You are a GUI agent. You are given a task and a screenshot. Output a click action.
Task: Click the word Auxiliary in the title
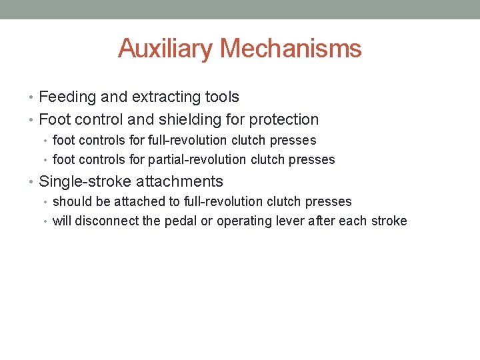click(x=165, y=49)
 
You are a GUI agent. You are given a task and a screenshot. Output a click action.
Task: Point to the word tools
click(x=223, y=97)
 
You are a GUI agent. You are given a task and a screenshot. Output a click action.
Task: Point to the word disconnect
click(x=107, y=221)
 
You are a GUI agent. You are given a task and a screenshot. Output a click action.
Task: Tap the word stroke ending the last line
click(x=390, y=221)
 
